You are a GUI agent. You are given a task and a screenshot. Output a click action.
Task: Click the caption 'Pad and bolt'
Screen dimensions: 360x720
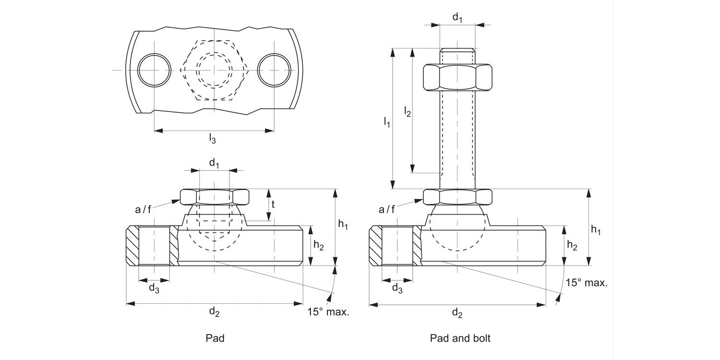460,338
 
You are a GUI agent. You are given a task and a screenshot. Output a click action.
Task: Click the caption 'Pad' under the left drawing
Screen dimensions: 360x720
215,338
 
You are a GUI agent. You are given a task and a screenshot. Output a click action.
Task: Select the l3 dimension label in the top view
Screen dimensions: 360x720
212,139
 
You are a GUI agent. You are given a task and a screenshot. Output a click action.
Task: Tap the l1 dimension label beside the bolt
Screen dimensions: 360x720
387,122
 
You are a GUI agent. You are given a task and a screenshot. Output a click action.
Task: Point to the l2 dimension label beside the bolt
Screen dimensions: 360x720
407,112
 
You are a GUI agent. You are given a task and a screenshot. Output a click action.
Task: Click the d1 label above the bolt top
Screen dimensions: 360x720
457,18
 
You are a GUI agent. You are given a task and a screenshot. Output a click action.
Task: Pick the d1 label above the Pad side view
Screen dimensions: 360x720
214,163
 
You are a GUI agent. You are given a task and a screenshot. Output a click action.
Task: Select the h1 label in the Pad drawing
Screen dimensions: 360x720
343,224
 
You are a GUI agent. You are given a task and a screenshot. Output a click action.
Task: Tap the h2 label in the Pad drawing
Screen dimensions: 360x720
318,245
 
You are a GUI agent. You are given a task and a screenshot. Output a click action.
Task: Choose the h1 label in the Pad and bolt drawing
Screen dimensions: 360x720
596,230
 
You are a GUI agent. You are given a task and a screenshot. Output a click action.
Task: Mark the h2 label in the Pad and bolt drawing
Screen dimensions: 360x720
572,245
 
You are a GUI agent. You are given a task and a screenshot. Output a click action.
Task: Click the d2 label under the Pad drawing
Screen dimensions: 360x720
214,312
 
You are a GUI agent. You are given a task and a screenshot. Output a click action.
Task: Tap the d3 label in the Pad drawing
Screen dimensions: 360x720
154,288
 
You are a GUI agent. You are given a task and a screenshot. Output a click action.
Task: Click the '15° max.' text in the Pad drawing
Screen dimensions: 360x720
328,312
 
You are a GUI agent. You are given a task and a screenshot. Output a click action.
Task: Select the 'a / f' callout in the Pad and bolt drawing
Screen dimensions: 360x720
387,209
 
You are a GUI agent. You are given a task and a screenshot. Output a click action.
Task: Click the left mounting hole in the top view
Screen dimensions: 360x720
154,70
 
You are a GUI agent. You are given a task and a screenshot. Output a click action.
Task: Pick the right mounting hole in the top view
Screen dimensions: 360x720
274,70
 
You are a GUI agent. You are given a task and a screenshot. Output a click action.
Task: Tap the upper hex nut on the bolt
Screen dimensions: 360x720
457,77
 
